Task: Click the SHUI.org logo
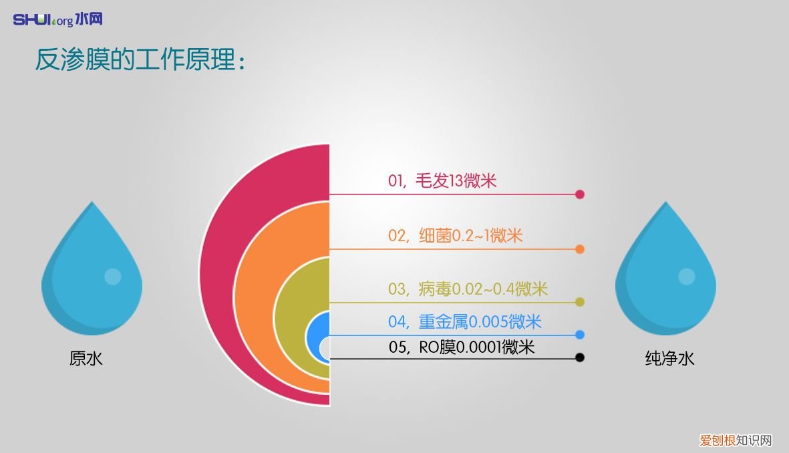[x=57, y=19]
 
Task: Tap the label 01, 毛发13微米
[x=442, y=180]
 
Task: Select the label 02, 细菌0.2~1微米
[x=455, y=235]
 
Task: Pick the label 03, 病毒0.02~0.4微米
[x=468, y=289]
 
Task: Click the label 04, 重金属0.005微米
[x=464, y=321]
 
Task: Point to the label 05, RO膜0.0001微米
[x=462, y=347]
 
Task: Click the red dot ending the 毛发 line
[x=580, y=194]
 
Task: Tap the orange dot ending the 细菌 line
[x=580, y=249]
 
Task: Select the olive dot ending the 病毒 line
[x=580, y=302]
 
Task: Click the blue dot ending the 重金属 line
[x=580, y=335]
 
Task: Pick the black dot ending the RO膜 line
[x=580, y=357]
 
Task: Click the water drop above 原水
[x=92, y=274]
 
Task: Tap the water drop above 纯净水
[x=665, y=274]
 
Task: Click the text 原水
[x=86, y=359]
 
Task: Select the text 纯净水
[x=669, y=359]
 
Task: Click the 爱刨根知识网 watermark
[x=736, y=440]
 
